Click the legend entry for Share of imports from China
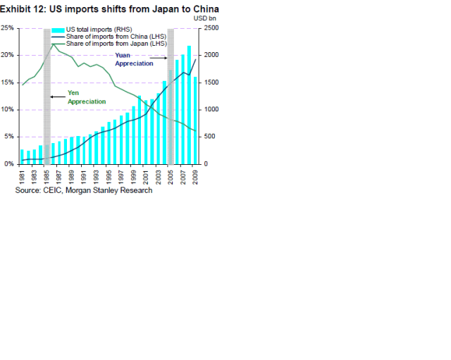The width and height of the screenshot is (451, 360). tap(116, 37)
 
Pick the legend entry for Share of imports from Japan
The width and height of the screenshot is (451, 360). tap(116, 43)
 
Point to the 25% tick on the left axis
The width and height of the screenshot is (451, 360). tap(8, 28)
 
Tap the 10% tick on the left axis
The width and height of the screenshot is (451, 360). tap(8, 110)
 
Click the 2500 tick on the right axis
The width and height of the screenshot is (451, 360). tap(211, 28)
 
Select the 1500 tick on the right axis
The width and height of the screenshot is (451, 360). tap(211, 82)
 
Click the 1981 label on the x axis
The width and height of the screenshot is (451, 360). tap(23, 175)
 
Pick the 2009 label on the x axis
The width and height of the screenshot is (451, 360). tap(195, 175)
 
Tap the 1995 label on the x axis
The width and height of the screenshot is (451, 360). tap(109, 175)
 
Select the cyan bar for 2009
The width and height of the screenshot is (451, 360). tap(195, 120)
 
